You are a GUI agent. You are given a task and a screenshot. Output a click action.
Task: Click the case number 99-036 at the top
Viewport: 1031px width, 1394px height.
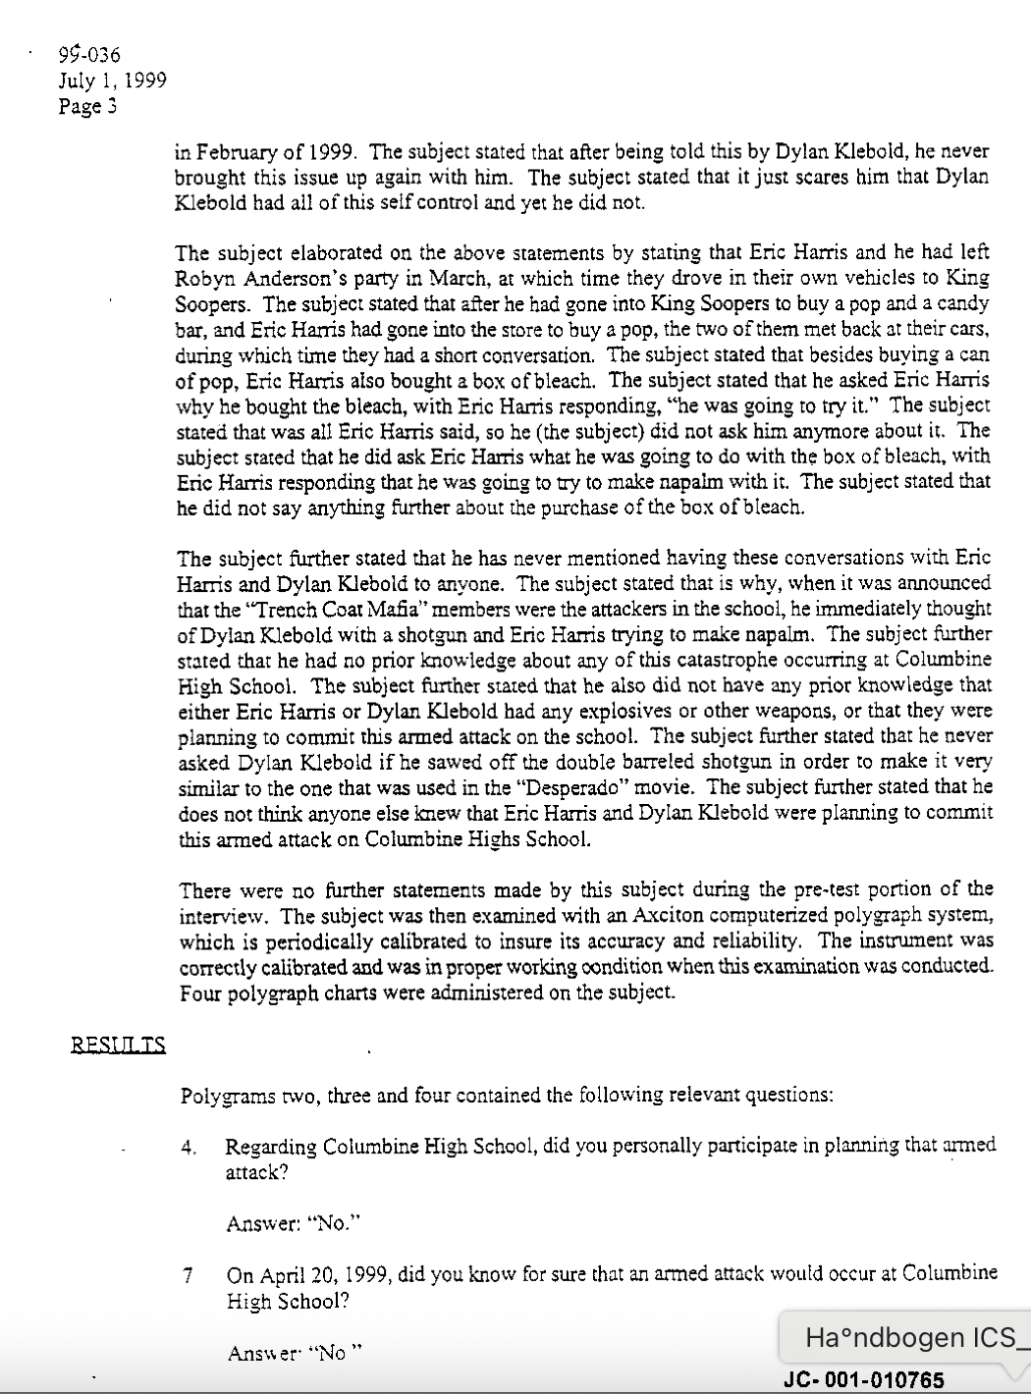(89, 55)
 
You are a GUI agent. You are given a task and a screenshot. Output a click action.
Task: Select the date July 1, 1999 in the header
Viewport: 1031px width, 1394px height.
(112, 80)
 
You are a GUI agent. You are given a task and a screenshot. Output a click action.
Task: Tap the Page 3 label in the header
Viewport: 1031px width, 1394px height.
(88, 106)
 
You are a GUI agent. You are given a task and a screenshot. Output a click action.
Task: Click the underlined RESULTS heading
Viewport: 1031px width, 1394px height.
(118, 1045)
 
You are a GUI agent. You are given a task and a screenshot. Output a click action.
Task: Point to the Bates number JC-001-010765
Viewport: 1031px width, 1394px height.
(865, 1380)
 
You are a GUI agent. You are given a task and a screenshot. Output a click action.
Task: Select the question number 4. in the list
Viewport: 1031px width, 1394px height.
(190, 1148)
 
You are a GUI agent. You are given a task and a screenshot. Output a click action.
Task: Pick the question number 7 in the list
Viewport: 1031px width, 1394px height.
(188, 1276)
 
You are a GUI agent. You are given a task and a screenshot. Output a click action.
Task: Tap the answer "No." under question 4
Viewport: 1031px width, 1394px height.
(335, 1224)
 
